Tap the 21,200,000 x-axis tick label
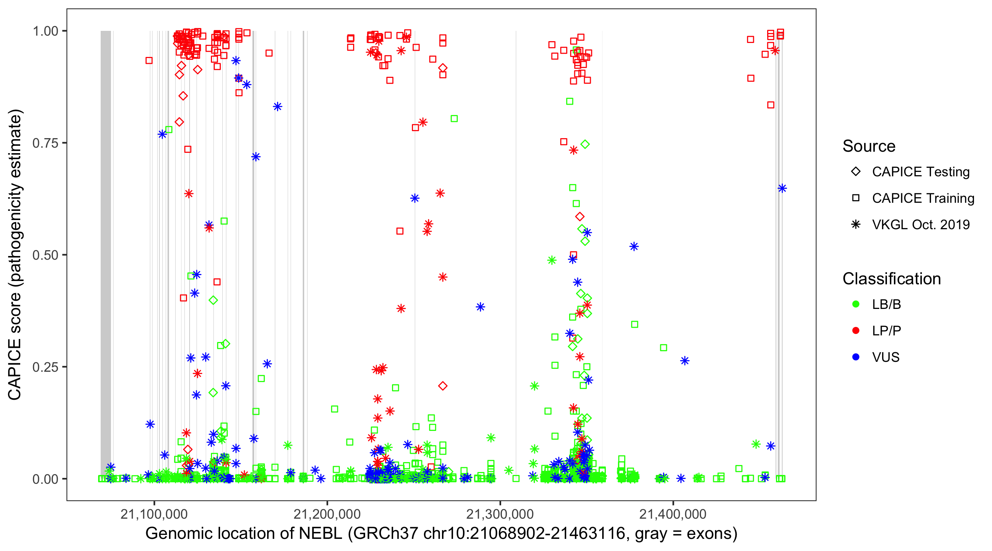click(327, 514)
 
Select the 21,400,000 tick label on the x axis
click(673, 514)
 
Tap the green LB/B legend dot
click(856, 304)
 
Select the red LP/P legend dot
click(856, 331)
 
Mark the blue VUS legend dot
click(856, 357)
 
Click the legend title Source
click(869, 146)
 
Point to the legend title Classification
click(891, 279)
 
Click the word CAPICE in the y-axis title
click(15, 369)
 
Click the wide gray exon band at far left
click(105, 254)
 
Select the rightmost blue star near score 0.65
click(782, 188)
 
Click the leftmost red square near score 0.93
click(149, 61)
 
